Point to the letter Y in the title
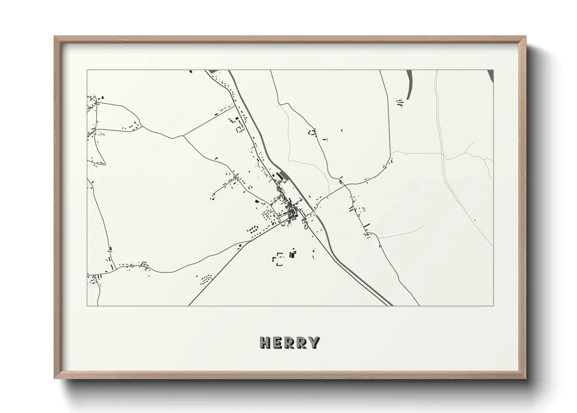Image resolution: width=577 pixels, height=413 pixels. point(314,343)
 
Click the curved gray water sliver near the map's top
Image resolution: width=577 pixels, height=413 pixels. point(409,84)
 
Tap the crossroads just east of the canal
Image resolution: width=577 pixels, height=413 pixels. point(345,185)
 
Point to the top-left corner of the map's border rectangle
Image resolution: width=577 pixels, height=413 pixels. point(87,70)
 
